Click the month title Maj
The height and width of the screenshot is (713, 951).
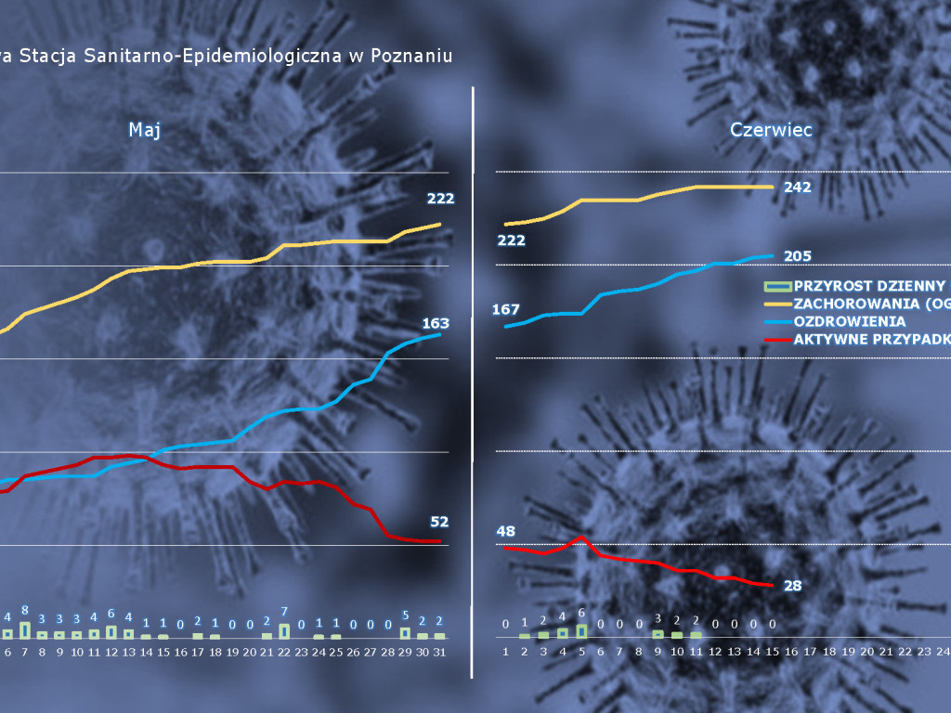coord(145,130)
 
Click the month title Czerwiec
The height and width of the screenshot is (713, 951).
coord(771,130)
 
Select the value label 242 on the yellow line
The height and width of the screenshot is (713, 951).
coord(797,187)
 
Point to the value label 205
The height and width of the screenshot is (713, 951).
coord(797,256)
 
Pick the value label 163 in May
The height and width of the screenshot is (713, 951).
coord(436,323)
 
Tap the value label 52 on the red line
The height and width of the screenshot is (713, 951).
coord(439,522)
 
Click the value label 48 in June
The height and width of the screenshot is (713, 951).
coord(506,532)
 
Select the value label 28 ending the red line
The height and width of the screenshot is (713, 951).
coord(792,585)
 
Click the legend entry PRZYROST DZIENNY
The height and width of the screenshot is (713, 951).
coord(869,286)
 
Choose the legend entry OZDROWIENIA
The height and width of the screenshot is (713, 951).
coord(849,321)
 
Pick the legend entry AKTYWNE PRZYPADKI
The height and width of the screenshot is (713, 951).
coord(871,339)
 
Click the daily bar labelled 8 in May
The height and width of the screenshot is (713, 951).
coord(25,629)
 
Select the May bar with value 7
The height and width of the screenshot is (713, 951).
coord(284,630)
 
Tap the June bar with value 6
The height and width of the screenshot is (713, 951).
coord(581,630)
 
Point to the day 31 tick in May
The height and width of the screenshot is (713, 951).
coord(439,653)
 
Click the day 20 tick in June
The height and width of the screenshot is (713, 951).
coord(867,653)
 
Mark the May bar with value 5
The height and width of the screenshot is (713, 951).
coord(405,632)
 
